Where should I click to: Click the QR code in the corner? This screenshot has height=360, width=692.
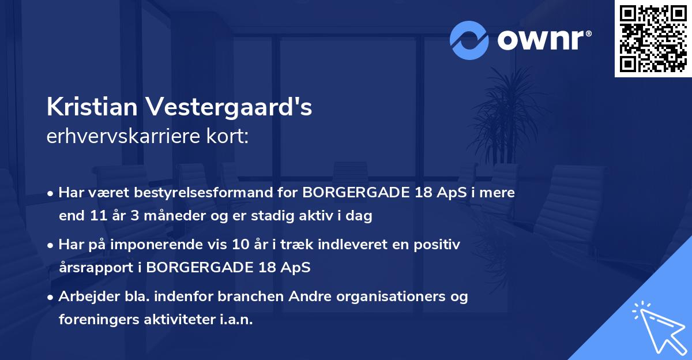pos(653,39)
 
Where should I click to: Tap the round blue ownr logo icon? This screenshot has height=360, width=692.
pos(469,40)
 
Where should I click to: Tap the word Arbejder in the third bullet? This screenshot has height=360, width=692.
pos(83,297)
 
